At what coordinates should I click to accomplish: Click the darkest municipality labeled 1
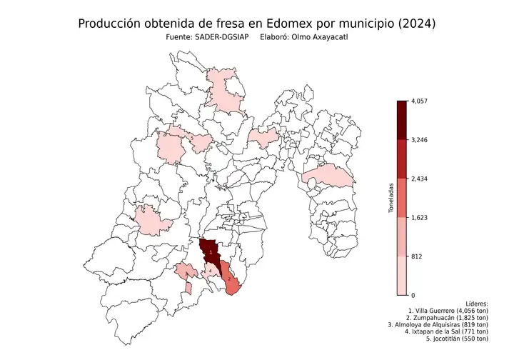211,252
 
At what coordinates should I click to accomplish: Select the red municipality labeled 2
230,280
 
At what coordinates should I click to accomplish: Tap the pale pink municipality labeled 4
212,271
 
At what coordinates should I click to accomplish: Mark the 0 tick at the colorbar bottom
413,294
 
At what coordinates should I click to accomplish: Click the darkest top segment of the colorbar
402,120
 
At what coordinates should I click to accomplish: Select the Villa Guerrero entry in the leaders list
448,311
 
